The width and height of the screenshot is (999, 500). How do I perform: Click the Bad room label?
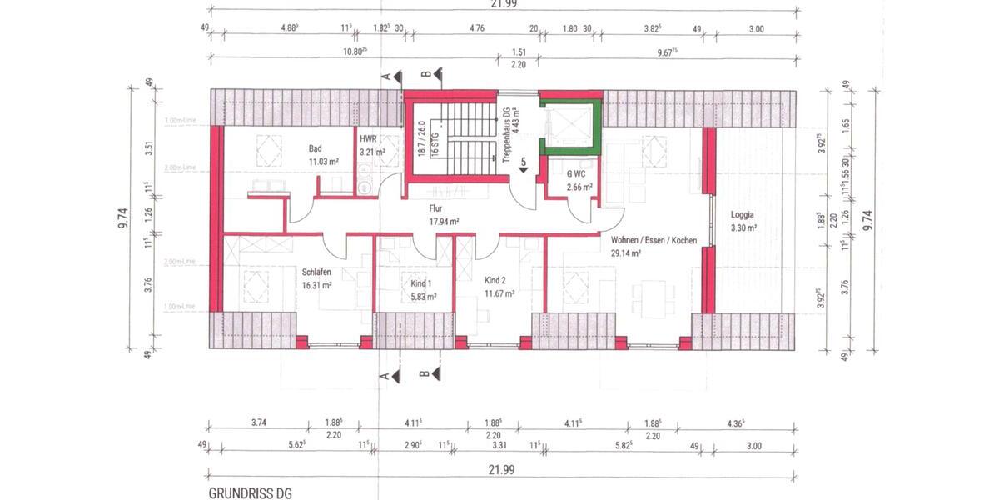pos(315,148)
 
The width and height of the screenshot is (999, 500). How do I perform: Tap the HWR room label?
pos(367,139)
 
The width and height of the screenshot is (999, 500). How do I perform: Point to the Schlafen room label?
pos(317,272)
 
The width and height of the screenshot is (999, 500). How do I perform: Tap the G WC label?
pos(576,174)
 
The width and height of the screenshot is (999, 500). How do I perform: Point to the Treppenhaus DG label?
pos(504,130)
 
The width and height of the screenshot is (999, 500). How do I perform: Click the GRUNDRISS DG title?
pos(250,492)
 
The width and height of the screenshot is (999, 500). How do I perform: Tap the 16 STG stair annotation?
pos(434,137)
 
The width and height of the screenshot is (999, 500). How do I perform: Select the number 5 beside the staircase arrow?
pos(524,161)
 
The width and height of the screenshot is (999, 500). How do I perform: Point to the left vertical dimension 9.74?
pos(123,218)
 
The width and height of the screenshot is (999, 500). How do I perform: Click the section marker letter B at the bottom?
pos(424,374)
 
